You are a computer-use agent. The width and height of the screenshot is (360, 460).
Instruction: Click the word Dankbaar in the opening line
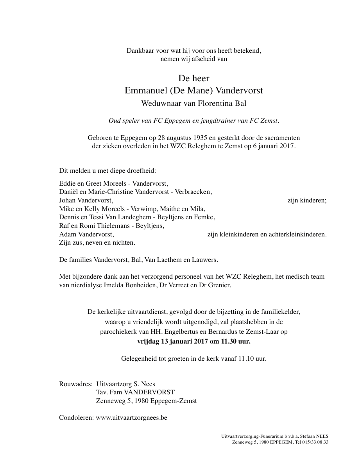139,50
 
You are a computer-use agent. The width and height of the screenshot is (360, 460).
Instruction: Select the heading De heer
193,78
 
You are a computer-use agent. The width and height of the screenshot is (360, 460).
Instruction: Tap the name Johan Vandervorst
86,200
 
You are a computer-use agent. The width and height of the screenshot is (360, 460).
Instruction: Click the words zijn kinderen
306,200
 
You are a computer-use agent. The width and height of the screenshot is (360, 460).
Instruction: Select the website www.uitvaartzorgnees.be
131,417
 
